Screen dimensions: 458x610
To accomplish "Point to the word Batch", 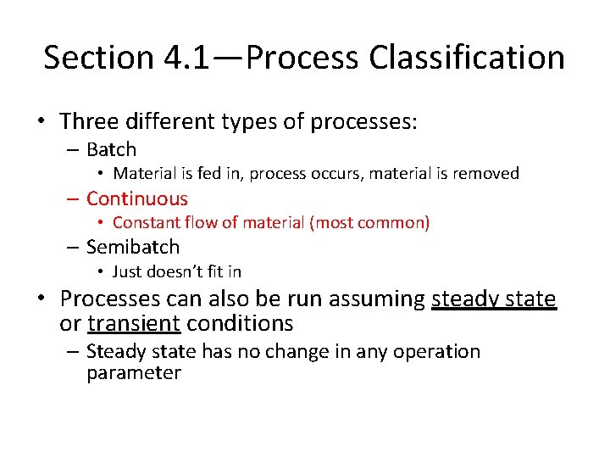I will (111, 150).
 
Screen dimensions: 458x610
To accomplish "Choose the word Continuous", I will (137, 199).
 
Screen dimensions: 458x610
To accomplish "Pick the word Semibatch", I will (133, 248).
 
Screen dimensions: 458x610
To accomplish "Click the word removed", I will (485, 174).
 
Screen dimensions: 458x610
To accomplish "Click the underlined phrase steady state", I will (494, 299).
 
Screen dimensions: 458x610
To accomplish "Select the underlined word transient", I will (134, 324).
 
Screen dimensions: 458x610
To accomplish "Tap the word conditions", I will (240, 324).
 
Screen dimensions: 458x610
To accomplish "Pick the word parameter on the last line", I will (134, 374).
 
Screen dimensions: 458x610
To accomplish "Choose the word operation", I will (430, 352).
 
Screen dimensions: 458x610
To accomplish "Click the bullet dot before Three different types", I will (41, 123).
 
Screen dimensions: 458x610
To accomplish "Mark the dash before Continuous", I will (73, 200).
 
